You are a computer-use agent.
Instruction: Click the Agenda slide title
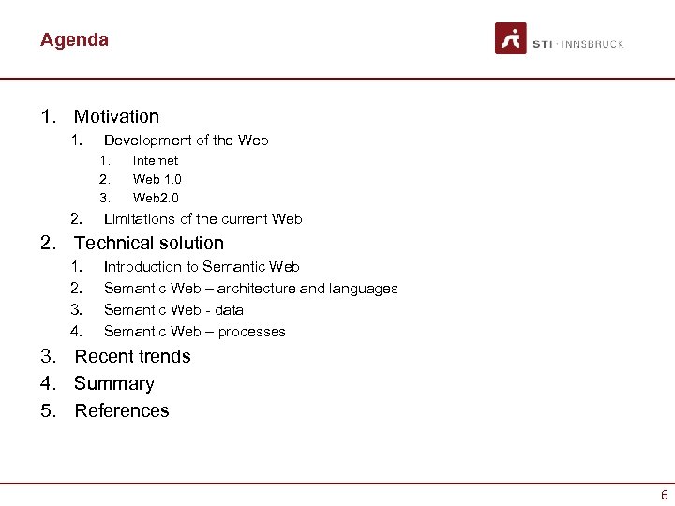74,40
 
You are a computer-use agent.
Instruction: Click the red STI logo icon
511,39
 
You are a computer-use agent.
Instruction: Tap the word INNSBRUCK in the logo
593,44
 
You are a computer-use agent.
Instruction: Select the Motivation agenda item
116,117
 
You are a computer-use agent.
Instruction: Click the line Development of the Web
186,141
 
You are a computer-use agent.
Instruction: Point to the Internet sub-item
156,161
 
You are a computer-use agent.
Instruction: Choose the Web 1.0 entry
157,179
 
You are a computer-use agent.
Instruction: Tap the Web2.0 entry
156,198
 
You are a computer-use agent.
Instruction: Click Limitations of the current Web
202,219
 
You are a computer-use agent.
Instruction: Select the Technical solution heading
149,244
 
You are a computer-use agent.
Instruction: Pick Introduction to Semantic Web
202,267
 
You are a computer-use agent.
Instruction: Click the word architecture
257,289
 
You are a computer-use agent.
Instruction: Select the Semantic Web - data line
173,310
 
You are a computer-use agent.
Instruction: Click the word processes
252,332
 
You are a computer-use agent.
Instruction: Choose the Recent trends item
132,357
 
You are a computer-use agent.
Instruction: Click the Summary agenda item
113,384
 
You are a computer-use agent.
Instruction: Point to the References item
122,411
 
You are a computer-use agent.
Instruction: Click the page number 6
664,495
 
